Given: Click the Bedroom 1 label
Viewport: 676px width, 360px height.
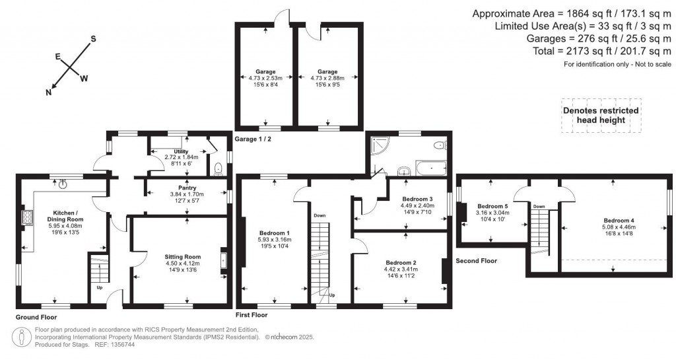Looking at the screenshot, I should (x=275, y=233).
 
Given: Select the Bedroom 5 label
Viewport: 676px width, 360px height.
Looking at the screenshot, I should (x=492, y=205).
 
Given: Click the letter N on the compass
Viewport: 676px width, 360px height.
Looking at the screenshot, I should (x=49, y=92).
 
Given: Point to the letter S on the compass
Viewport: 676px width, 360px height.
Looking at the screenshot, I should (x=93, y=38).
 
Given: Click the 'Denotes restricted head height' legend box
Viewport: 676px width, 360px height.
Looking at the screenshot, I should (x=600, y=116).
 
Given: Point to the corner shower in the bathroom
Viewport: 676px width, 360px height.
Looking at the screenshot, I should (x=379, y=145).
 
